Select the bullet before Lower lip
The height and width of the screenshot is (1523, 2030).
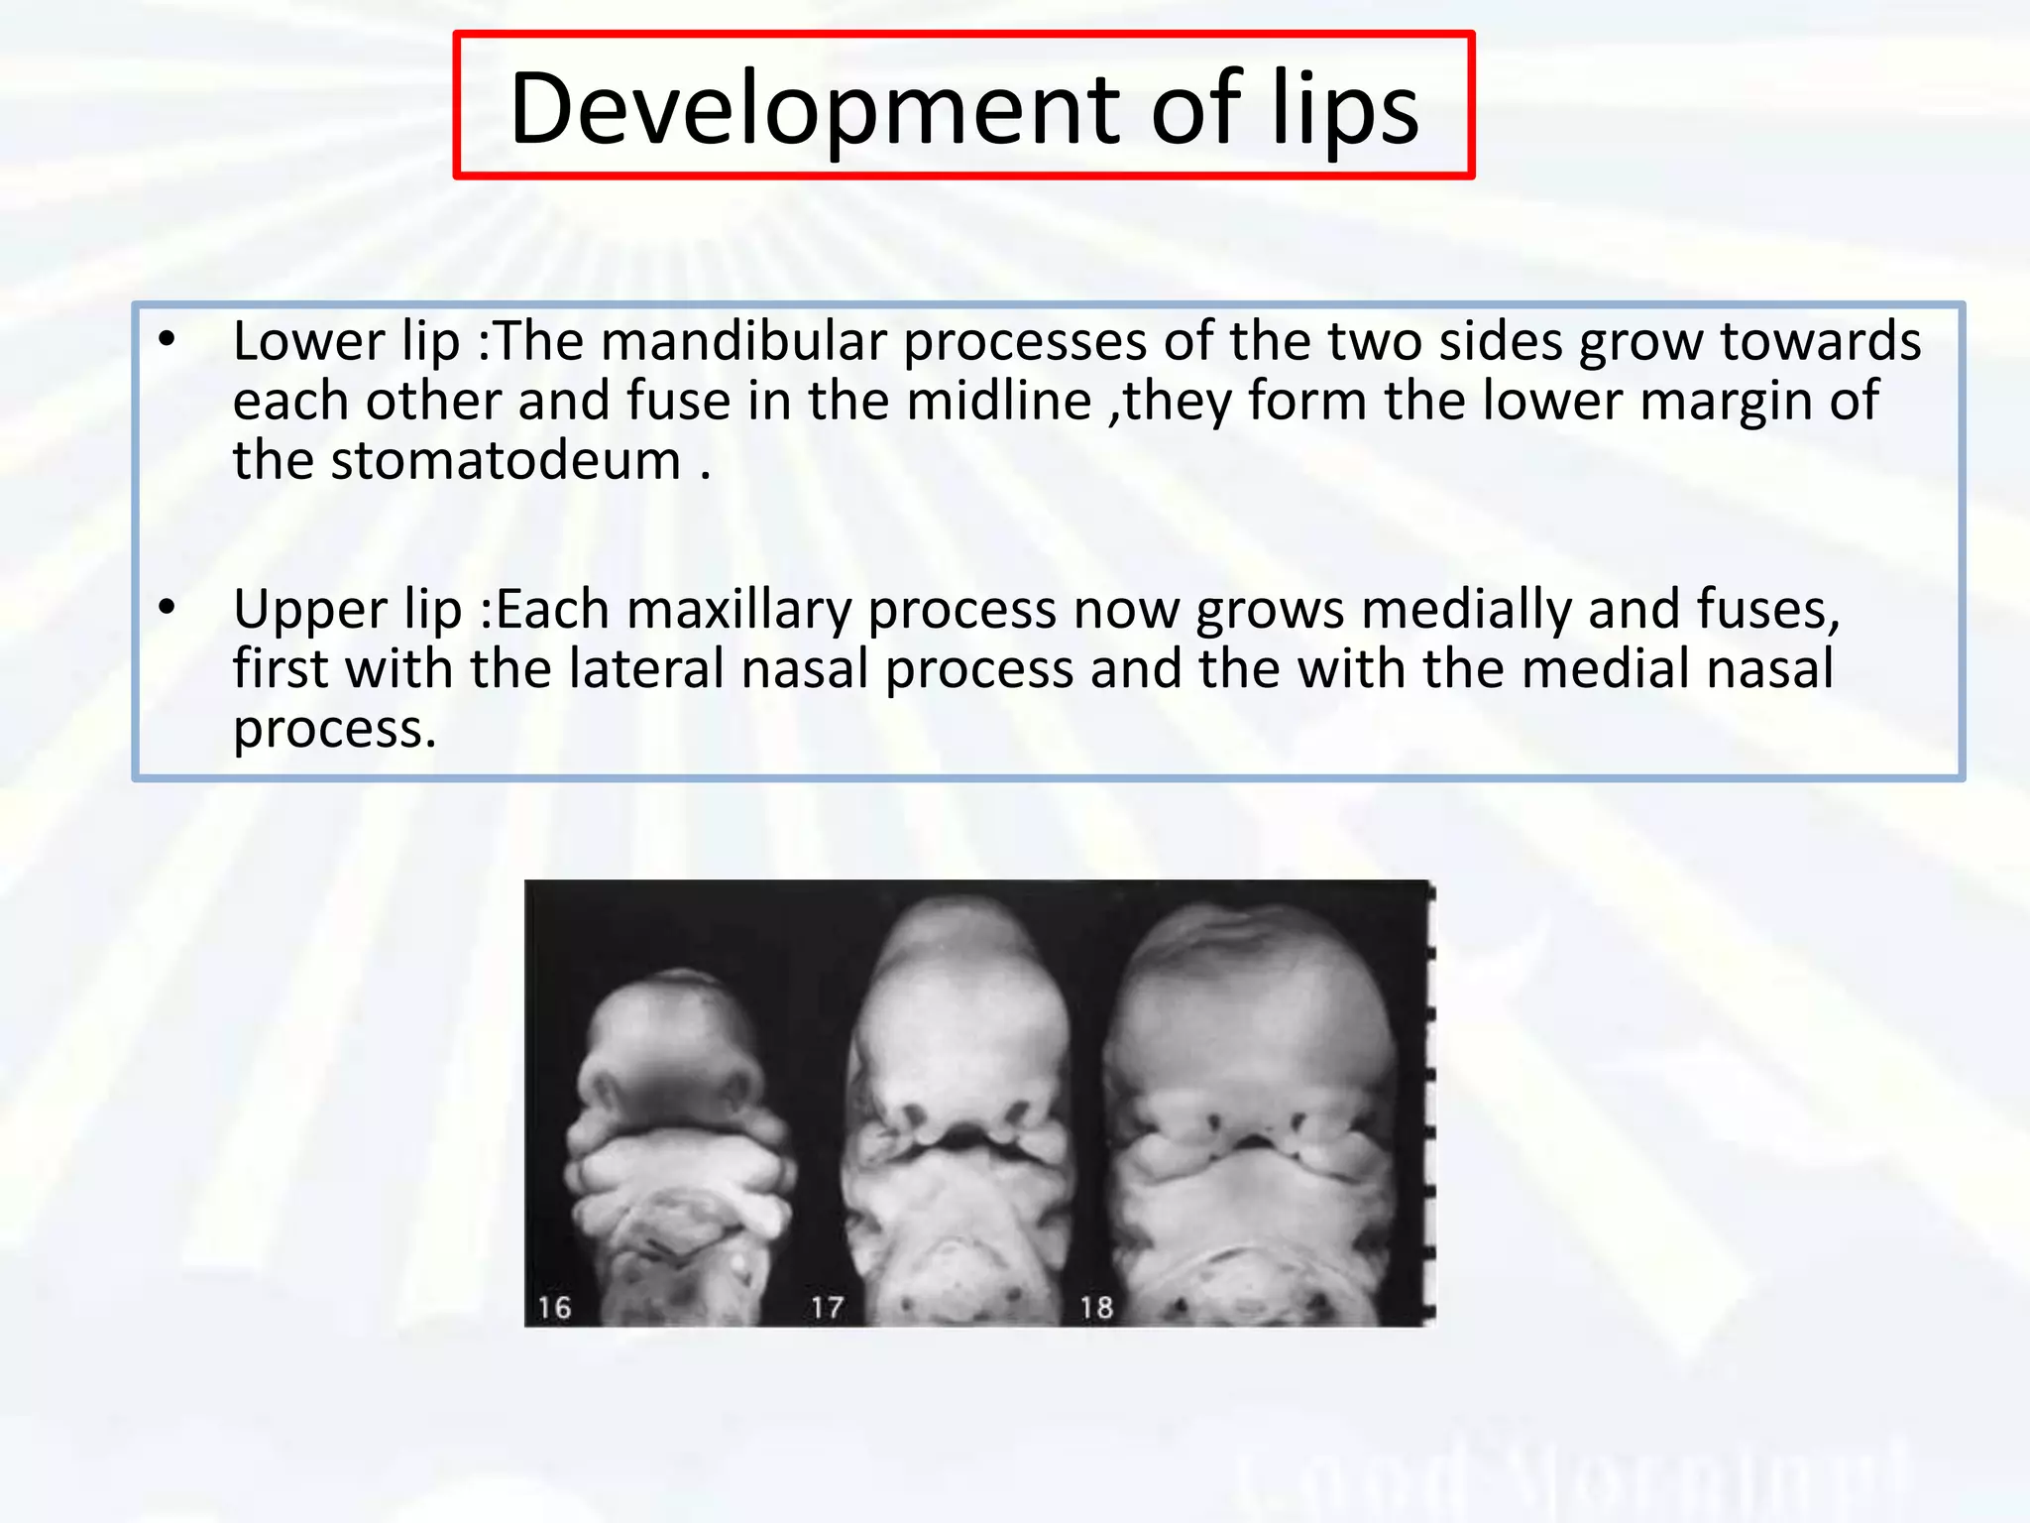click(167, 340)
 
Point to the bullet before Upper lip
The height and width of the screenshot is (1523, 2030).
click(167, 606)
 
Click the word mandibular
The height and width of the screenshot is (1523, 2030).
click(743, 341)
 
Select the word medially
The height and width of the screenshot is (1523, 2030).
click(1467, 609)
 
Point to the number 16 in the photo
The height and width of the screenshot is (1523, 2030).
click(555, 1307)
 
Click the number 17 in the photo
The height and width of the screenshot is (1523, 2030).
click(827, 1307)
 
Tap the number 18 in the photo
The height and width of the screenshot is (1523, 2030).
click(1097, 1307)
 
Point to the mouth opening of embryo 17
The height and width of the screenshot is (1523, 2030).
click(958, 1146)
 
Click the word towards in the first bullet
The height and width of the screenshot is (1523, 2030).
click(1820, 341)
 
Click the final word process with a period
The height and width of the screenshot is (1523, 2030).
click(334, 730)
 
